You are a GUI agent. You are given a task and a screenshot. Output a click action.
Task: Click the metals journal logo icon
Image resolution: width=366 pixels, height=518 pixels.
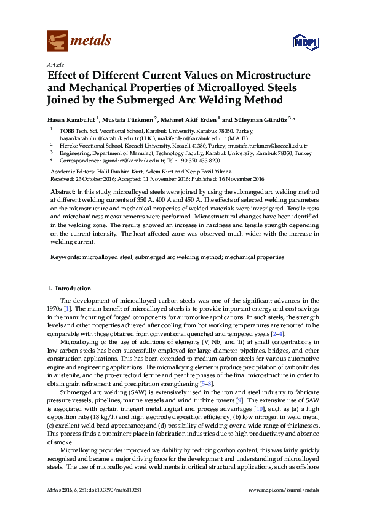pos(57,41)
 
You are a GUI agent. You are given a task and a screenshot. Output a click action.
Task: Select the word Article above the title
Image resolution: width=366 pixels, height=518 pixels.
pos(55,65)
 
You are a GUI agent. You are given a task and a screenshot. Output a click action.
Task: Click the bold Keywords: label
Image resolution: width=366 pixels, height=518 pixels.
pos(65,256)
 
